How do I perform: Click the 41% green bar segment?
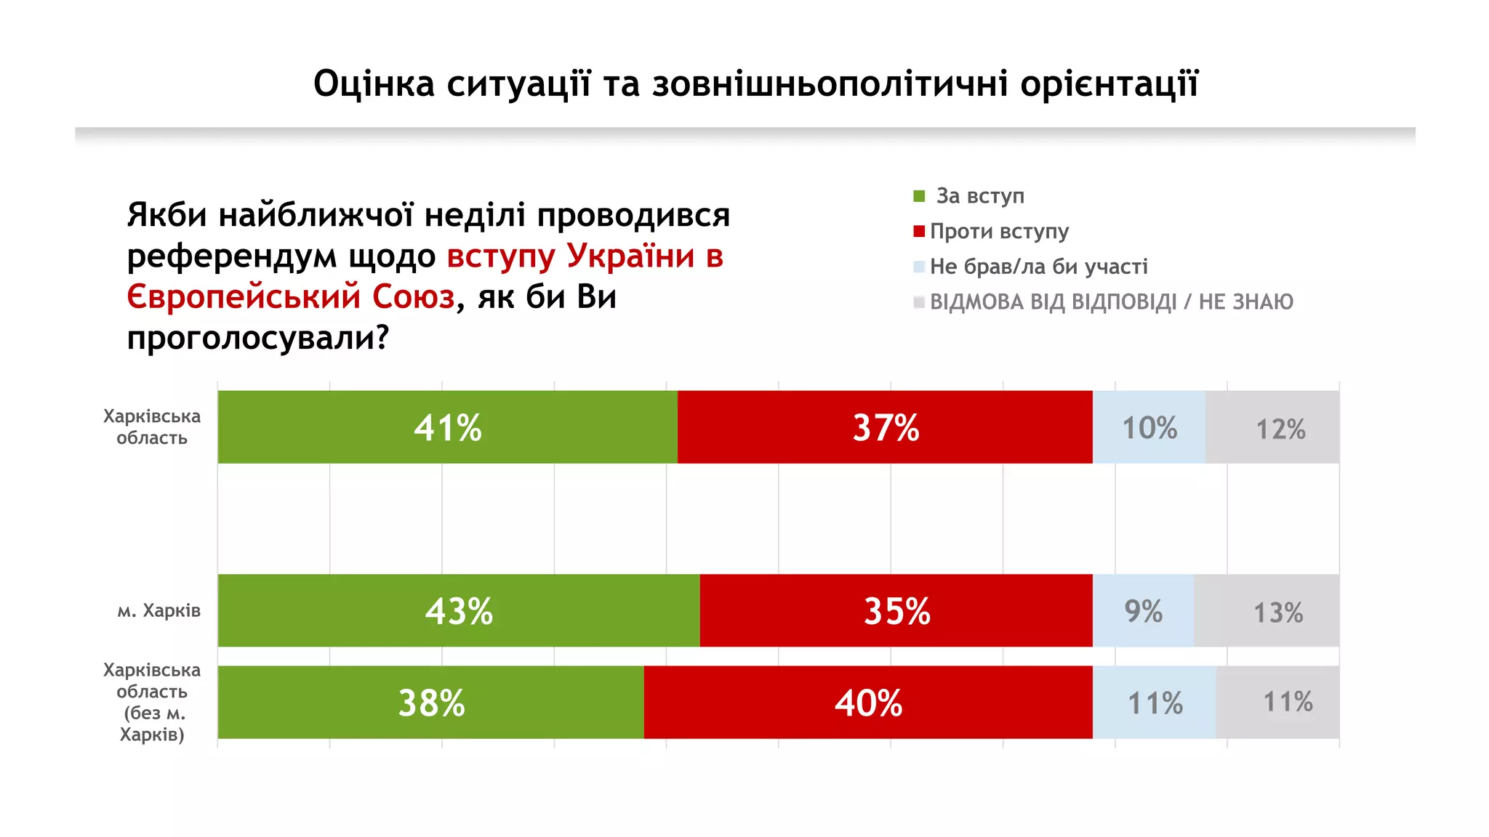coord(447,427)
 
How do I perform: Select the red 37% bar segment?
coord(885,427)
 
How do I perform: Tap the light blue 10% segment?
coord(1149,427)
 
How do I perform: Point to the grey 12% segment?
coord(1272,427)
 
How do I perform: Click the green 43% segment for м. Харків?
coord(459,610)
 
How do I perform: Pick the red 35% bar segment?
coord(896,610)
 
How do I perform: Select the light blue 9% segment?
coord(1143,610)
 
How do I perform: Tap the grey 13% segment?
coord(1267,610)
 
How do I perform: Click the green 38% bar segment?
coord(430,703)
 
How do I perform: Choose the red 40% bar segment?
coord(868,703)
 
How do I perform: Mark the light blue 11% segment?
coord(1155,703)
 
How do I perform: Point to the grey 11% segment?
coord(1278,703)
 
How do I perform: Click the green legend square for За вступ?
coord(919,196)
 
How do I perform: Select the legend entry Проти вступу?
coord(999,231)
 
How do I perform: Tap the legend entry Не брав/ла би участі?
coord(1038,267)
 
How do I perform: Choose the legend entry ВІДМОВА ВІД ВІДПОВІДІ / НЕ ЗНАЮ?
coord(1111,302)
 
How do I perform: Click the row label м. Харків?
coord(158,610)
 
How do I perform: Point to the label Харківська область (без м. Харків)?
coord(152,702)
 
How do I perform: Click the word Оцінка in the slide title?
coord(374,84)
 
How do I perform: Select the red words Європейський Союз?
coord(291,297)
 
